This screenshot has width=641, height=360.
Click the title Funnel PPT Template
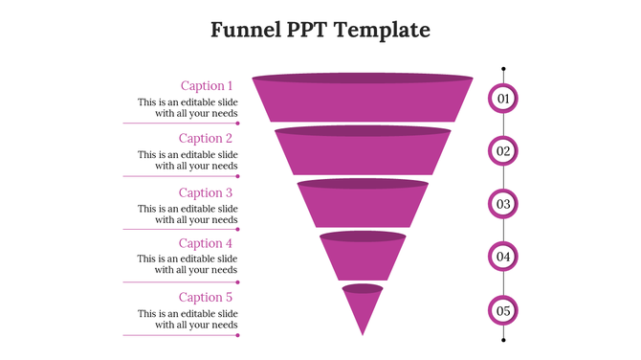point(320,30)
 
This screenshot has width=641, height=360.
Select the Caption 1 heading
point(207,85)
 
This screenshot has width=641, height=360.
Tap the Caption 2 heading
point(206,138)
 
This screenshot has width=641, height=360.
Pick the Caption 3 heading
point(206,192)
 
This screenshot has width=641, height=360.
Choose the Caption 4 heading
point(206,243)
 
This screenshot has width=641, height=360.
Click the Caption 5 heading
point(206,297)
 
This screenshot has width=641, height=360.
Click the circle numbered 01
point(503,99)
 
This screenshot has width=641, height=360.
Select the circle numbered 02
point(503,151)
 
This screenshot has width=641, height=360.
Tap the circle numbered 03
point(503,204)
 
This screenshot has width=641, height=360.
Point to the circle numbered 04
point(503,257)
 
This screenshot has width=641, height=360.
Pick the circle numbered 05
point(503,310)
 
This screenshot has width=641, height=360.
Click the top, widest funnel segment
point(363,101)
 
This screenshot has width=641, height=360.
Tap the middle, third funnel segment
point(363,205)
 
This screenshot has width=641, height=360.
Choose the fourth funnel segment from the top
point(363,257)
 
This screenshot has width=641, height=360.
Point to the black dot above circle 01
point(503,69)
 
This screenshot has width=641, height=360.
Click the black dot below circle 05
point(503,339)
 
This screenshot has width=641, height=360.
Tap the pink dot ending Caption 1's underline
point(237,124)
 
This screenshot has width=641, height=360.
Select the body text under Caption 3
point(188,214)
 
